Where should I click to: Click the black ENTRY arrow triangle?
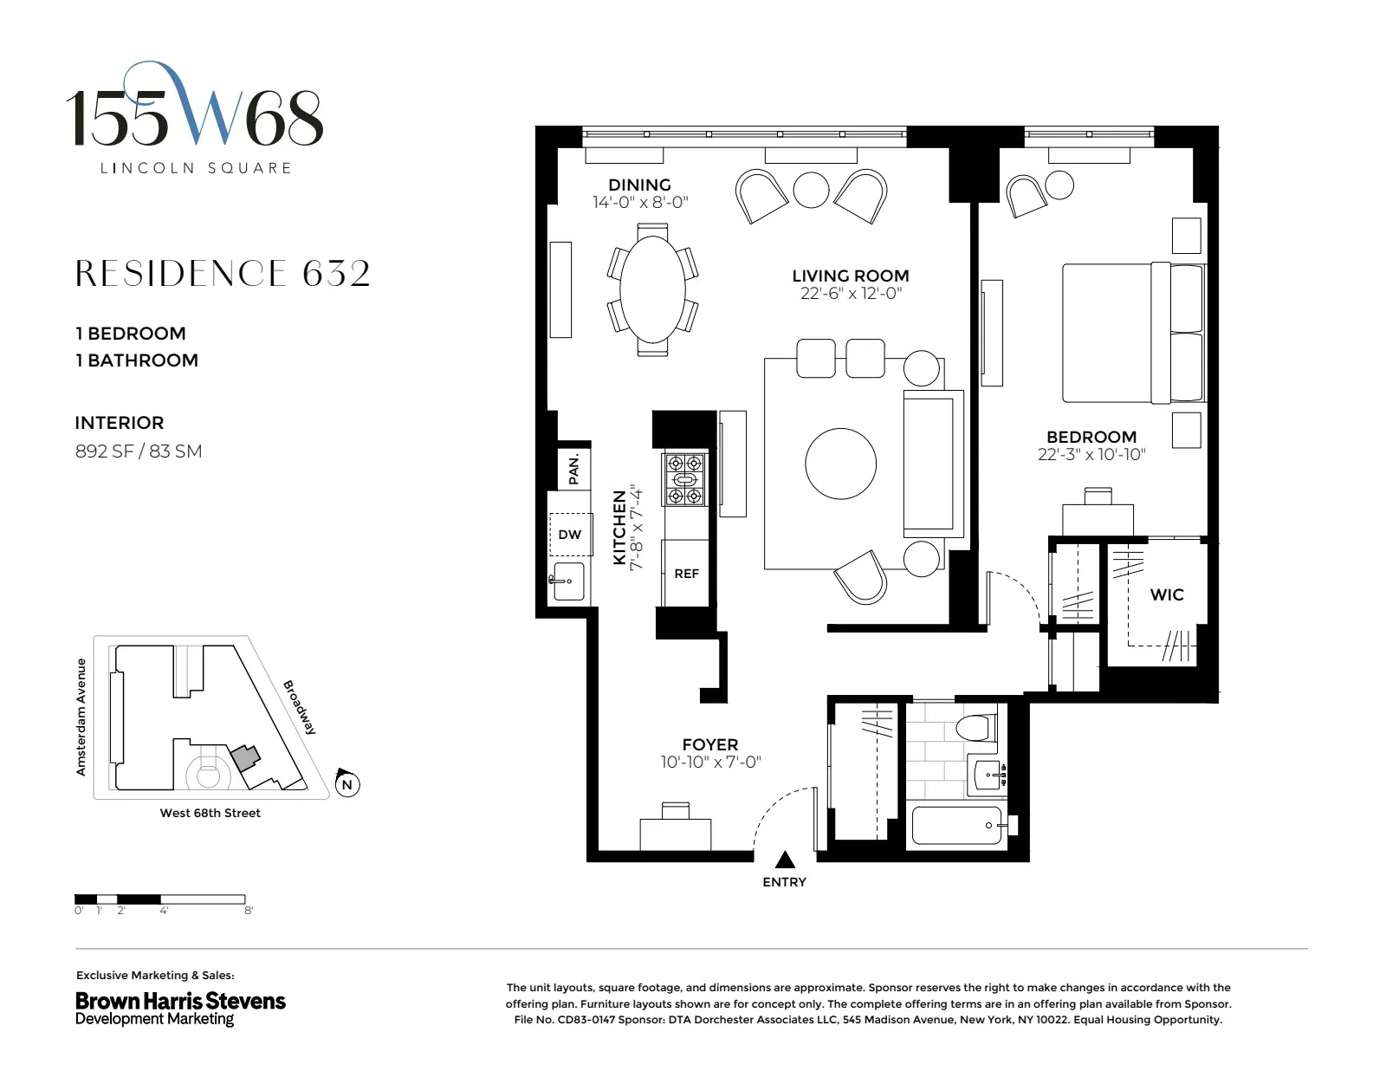[785, 860]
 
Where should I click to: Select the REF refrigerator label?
[686, 574]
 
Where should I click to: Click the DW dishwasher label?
[570, 535]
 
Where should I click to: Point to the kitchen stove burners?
[684, 479]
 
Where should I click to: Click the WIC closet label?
[1166, 594]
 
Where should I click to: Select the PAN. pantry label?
[573, 469]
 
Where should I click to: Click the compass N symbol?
[347, 785]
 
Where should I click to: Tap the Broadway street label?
[300, 707]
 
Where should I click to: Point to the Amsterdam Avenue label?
[81, 717]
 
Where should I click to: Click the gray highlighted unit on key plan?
[245, 757]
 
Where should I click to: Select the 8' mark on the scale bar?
[249, 911]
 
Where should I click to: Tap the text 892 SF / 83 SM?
[139, 451]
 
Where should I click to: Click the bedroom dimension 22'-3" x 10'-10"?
[1091, 455]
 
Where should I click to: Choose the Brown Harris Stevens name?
[180, 1001]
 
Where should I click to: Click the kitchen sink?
[568, 581]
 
